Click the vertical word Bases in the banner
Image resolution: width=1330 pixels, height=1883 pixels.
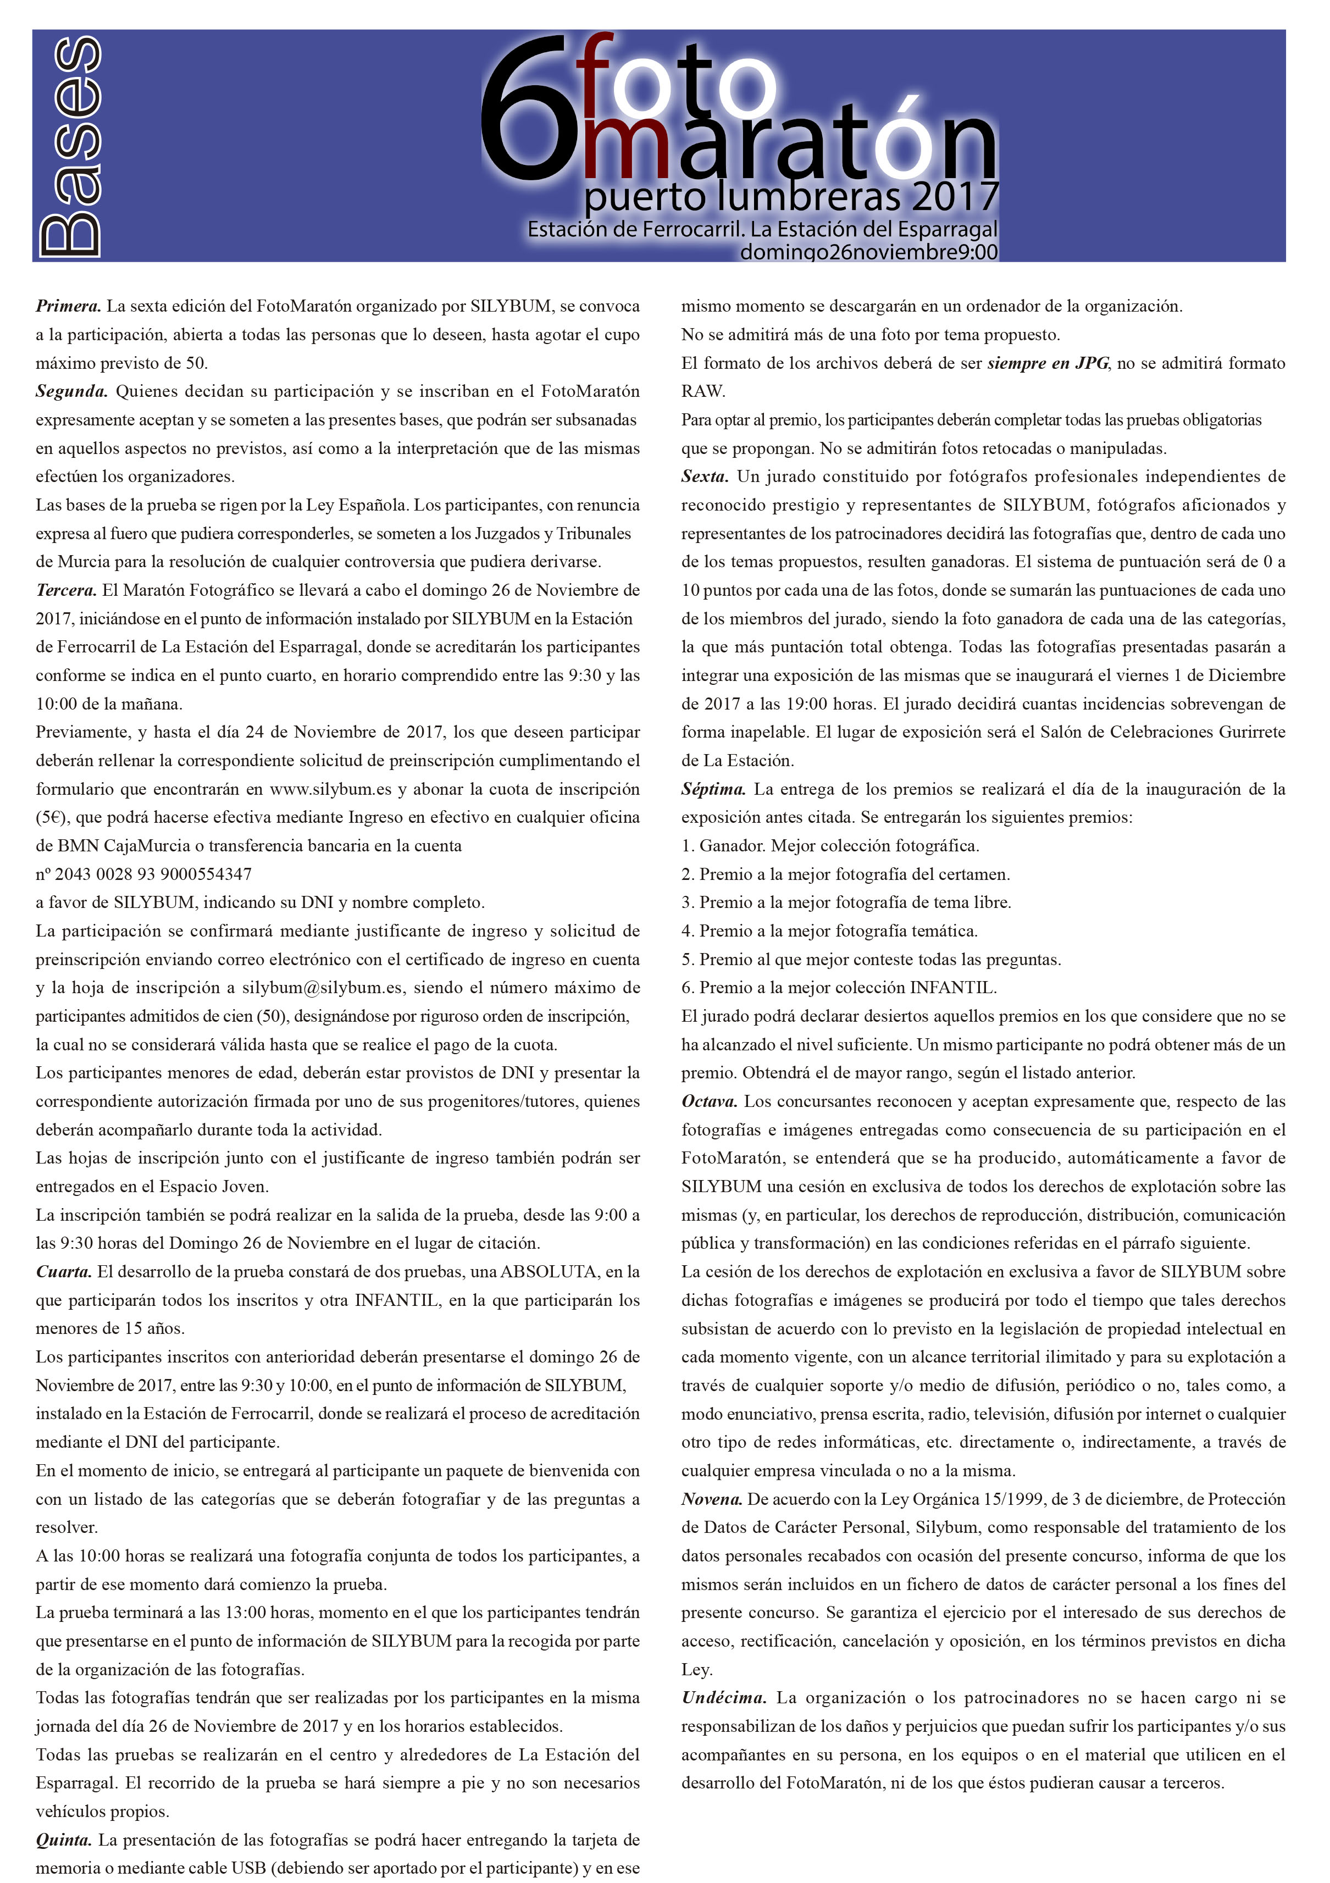[70, 146]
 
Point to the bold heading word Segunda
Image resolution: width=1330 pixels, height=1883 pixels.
[71, 391]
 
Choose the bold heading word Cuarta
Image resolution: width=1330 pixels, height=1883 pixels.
[64, 1272]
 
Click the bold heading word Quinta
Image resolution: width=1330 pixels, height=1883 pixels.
[64, 1840]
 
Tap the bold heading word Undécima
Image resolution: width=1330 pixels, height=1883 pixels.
[724, 1698]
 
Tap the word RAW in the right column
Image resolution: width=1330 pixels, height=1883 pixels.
[703, 391]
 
